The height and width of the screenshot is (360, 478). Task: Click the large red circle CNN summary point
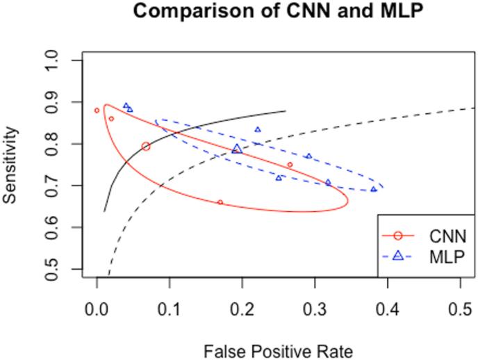click(x=146, y=146)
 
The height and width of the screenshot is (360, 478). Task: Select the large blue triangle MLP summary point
click(x=237, y=149)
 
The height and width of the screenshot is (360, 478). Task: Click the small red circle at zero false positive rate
click(x=97, y=110)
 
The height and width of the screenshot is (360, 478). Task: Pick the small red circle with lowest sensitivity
click(x=220, y=202)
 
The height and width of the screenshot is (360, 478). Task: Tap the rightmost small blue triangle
click(x=373, y=189)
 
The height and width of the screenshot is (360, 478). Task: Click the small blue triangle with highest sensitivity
click(x=126, y=106)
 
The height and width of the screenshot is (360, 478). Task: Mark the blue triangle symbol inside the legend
click(x=399, y=256)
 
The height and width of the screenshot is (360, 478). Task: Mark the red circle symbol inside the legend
click(x=399, y=234)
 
